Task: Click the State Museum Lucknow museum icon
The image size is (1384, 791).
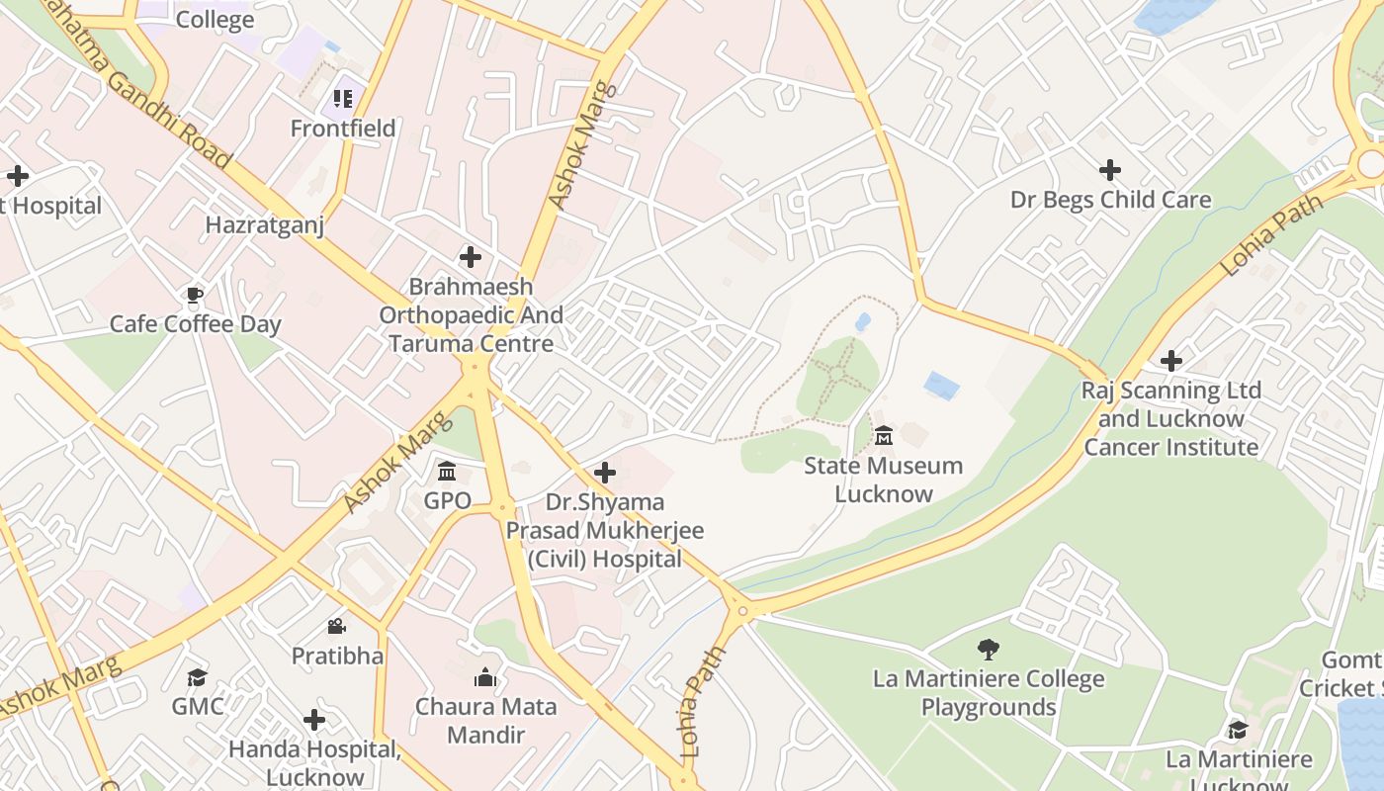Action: (x=884, y=435)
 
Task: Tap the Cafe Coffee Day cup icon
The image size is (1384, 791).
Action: (x=195, y=295)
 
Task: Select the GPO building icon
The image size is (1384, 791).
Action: (x=447, y=471)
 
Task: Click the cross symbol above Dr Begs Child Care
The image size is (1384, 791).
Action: (x=1110, y=170)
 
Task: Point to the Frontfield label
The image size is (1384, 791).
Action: (x=343, y=129)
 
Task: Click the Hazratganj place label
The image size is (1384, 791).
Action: (x=264, y=225)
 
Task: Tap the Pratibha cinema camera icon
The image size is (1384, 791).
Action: (x=336, y=626)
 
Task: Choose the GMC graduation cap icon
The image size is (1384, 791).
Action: (x=198, y=677)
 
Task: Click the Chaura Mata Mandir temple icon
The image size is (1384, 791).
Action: (x=485, y=677)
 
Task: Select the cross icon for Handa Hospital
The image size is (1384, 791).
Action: (x=314, y=720)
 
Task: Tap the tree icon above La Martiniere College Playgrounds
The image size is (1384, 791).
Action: (x=988, y=650)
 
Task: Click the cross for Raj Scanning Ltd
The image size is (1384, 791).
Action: (x=1171, y=361)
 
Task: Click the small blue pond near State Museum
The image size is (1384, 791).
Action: (x=941, y=386)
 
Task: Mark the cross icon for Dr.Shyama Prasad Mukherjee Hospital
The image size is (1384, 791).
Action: (x=605, y=473)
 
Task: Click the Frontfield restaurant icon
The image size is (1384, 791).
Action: (x=343, y=98)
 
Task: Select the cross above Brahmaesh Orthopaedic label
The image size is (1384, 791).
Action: (x=471, y=258)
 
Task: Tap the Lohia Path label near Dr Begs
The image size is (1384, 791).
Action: (x=1271, y=235)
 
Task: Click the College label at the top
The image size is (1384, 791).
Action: (x=215, y=20)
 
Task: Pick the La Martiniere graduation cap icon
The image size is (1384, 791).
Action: (x=1238, y=730)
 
